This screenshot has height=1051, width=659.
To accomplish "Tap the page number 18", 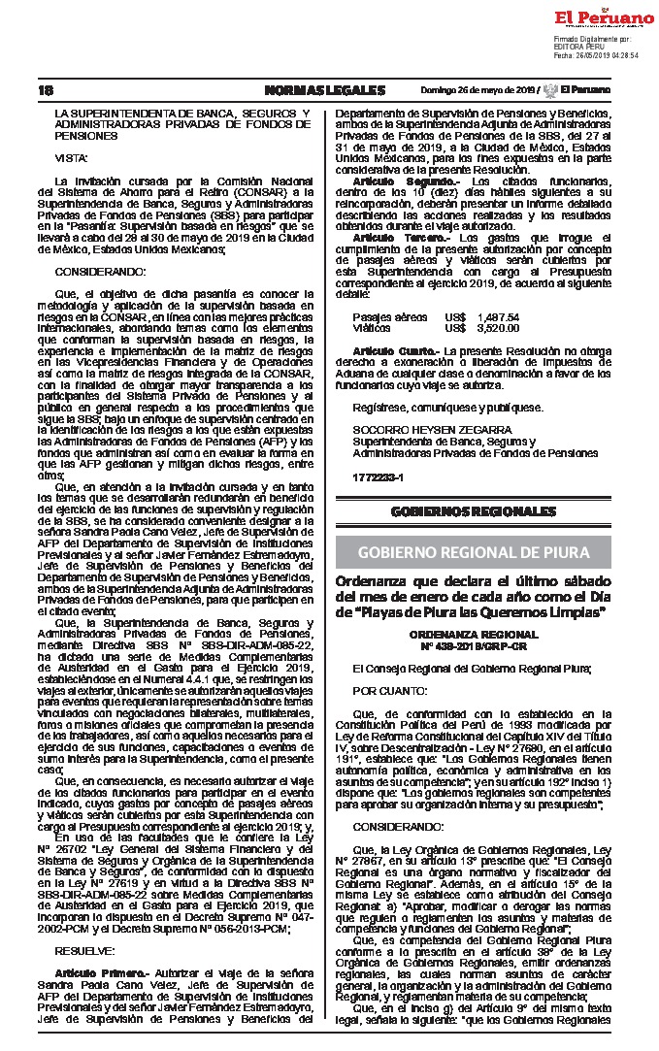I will pos(46,90).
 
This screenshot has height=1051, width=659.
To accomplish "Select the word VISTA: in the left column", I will pos(70,156).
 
